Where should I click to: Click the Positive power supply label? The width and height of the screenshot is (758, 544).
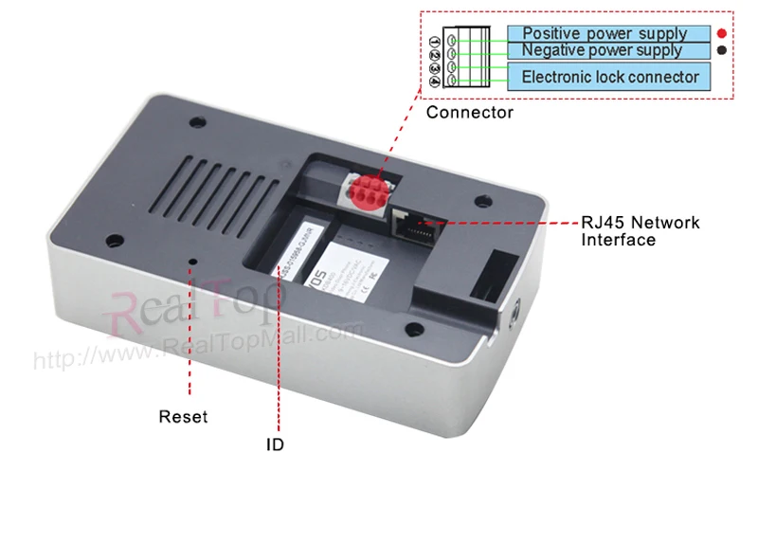605,33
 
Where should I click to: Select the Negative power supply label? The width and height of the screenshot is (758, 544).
602,50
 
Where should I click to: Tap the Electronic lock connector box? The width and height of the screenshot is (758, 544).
610,77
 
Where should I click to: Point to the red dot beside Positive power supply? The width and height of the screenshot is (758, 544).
722,33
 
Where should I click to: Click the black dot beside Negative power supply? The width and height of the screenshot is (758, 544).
722,50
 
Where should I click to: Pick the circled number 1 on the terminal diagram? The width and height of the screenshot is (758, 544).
435,42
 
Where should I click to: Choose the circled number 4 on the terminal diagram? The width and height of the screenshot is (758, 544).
435,82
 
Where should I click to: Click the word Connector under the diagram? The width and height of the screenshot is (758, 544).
469,113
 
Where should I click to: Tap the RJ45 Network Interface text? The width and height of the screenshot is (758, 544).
640,231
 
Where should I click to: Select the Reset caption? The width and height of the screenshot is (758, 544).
183,416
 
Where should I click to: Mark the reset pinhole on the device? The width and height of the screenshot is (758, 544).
194,260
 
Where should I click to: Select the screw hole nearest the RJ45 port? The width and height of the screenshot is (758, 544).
483,201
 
